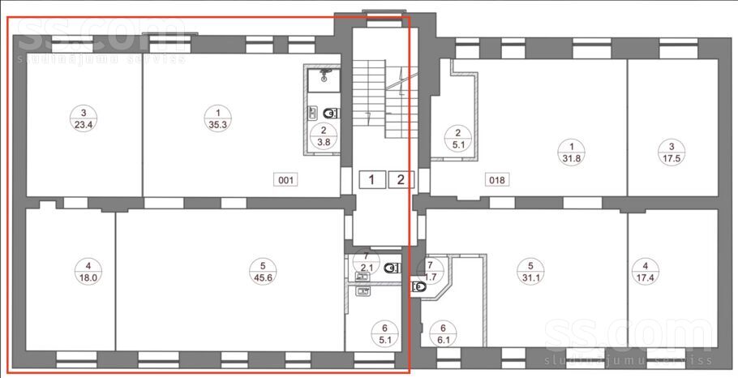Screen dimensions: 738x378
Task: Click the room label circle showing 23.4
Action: point(84,118)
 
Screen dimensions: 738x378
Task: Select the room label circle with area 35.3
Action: point(218,118)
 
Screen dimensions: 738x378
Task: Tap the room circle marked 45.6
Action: point(263,271)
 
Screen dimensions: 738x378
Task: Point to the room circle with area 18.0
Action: point(88,271)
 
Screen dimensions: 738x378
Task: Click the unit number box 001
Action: point(285,180)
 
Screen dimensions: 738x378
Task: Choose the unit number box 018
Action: point(496,180)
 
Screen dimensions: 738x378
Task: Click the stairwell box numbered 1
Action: point(372,179)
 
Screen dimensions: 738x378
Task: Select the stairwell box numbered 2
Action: point(401,179)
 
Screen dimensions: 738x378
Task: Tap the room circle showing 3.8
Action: point(324,136)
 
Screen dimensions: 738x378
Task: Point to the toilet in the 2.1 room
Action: point(391,268)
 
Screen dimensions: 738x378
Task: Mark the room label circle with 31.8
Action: point(572,152)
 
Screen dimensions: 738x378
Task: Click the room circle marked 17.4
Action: point(646,271)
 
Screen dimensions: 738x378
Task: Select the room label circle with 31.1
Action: point(530,271)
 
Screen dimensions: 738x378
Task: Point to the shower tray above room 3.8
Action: point(324,80)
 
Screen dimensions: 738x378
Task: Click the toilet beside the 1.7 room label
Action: point(418,286)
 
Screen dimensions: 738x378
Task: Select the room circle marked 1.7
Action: point(431,271)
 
